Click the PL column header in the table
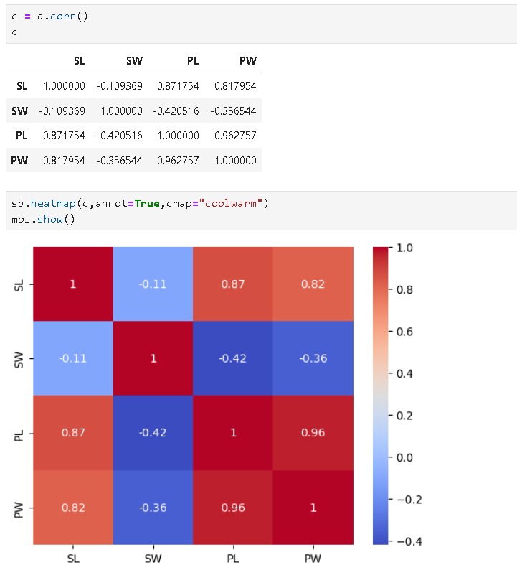pos(192,61)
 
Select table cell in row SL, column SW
pos(119,86)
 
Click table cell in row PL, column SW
pos(119,136)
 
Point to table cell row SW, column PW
pos(233,111)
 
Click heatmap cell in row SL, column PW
pos(313,284)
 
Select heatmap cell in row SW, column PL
pos(232,358)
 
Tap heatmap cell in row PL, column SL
pos(72,433)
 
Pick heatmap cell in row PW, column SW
pos(153,508)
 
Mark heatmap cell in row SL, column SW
pos(153,284)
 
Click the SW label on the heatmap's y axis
pos(19,358)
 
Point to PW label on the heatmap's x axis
pos(313,558)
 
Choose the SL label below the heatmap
pos(72,558)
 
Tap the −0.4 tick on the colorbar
pos(407,541)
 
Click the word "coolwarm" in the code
pos(234,203)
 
